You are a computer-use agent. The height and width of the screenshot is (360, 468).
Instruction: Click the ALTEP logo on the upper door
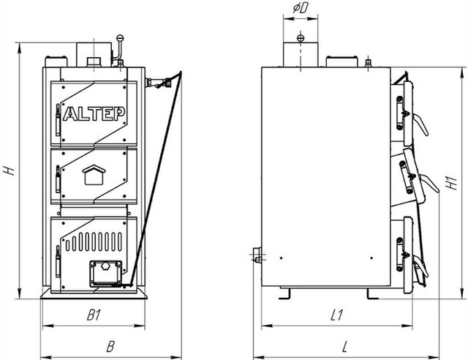(94, 113)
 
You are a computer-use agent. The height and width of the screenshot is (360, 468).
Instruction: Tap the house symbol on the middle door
(94, 175)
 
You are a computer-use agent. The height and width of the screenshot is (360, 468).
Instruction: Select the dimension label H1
(451, 183)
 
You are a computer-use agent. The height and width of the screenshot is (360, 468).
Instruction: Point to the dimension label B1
(94, 315)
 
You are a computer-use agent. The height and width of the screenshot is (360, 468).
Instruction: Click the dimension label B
(110, 347)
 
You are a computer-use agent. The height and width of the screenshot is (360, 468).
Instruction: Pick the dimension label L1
(336, 315)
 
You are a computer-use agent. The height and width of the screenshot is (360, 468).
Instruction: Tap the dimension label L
(345, 347)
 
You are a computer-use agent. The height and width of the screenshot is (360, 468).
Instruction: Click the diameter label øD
(301, 8)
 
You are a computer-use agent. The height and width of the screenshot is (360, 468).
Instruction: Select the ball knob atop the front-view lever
(120, 37)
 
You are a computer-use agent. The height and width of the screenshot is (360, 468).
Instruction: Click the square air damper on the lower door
(105, 274)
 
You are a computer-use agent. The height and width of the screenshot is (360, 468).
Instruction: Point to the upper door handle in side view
(420, 124)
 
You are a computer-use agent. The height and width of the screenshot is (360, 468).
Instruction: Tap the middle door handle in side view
(429, 183)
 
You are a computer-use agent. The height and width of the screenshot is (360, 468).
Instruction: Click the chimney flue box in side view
(301, 54)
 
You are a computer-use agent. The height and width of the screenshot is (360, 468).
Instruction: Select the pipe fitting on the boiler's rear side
(256, 255)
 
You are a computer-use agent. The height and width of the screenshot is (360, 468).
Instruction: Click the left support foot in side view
(284, 294)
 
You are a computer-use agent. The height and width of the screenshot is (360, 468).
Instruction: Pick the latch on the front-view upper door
(58, 120)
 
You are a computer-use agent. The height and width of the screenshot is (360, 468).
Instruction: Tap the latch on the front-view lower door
(58, 261)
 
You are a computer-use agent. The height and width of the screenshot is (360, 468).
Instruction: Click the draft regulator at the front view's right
(159, 82)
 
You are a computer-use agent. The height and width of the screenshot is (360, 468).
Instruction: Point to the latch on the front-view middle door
(58, 179)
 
